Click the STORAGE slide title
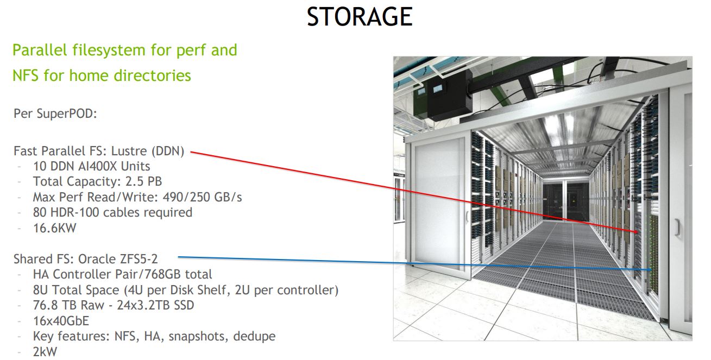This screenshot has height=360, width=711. pos(359,17)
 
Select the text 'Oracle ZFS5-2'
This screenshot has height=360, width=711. pos(125,259)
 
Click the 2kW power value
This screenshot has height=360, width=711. pos(45,351)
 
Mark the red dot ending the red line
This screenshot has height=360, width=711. pos(635,232)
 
